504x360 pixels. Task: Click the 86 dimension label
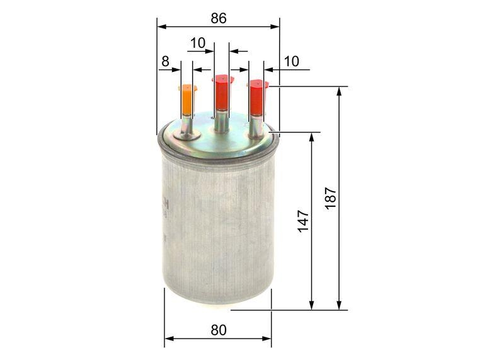(218, 18)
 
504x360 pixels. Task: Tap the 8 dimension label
(165, 61)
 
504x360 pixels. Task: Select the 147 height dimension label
(303, 221)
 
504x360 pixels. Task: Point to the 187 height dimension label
(331, 199)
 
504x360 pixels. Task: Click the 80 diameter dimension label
(218, 330)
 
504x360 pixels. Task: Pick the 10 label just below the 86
(198, 43)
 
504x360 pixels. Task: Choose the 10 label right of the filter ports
(291, 61)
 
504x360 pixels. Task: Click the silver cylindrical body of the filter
(217, 233)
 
